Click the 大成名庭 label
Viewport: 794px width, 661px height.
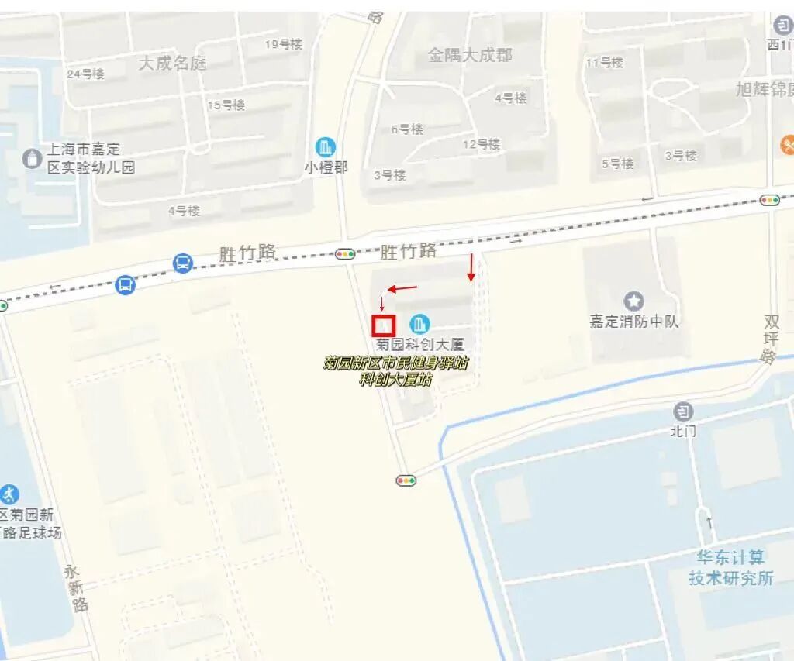click(172, 63)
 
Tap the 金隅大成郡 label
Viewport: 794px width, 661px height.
click(470, 55)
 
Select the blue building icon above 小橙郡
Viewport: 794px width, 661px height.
click(326, 146)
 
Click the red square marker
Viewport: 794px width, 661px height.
click(384, 325)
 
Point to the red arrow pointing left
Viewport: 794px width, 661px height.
click(402, 289)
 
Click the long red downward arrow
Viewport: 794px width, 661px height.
click(471, 267)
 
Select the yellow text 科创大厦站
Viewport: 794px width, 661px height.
click(395, 379)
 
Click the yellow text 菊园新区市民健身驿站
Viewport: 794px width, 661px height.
click(395, 363)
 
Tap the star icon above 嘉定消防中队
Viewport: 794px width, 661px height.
click(634, 301)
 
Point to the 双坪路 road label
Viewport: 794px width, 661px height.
click(770, 339)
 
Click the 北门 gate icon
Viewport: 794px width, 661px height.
click(683, 411)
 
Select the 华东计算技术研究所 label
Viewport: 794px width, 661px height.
click(730, 567)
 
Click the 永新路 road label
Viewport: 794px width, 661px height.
click(74, 588)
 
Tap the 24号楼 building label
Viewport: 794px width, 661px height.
click(85, 74)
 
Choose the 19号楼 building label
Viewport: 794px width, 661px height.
click(283, 44)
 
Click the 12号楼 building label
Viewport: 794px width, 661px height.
click(482, 144)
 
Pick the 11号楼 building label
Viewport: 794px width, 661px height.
click(604, 63)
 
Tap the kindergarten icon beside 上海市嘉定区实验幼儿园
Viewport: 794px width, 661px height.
click(32, 158)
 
